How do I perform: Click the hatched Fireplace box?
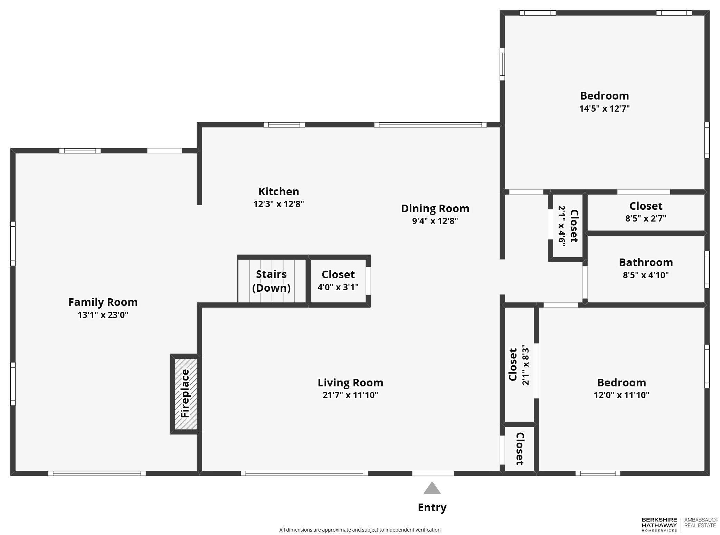click(x=186, y=394)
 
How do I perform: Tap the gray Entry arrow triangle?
click(x=432, y=489)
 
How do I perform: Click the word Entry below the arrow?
click(x=432, y=507)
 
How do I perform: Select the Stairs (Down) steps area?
click(x=272, y=281)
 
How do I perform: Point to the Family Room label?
click(x=103, y=302)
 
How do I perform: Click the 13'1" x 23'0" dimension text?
click(x=103, y=315)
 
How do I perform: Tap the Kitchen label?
click(x=278, y=191)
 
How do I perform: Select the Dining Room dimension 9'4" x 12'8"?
click(x=435, y=221)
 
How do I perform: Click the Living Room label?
click(x=350, y=383)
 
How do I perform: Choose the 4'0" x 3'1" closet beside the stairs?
click(x=338, y=281)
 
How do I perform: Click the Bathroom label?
click(x=645, y=262)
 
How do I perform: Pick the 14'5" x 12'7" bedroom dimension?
click(x=604, y=109)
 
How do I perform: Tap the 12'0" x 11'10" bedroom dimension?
click(x=621, y=395)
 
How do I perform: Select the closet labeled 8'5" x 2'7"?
click(x=645, y=212)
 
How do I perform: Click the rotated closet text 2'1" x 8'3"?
click(x=525, y=365)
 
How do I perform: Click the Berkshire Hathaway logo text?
click(x=659, y=524)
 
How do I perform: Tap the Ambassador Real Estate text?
click(x=701, y=523)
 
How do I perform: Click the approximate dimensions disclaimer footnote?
click(x=360, y=530)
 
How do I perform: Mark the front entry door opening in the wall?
click(x=433, y=473)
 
